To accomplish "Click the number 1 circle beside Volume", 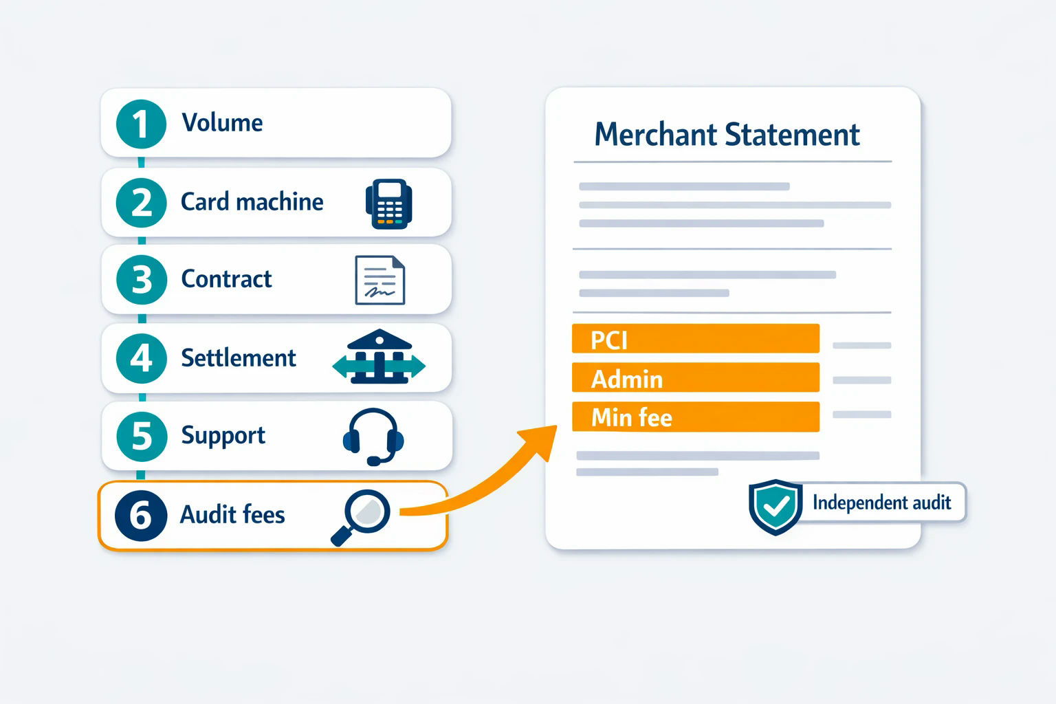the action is [141, 124].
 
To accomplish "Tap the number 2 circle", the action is [141, 203].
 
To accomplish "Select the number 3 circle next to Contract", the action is [142, 280].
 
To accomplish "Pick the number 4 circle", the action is [142, 358].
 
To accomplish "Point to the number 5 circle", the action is [142, 436].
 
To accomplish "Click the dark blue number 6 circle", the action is [141, 515].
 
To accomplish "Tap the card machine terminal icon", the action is [389, 203].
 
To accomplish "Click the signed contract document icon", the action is [380, 280].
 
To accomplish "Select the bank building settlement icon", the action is [379, 357].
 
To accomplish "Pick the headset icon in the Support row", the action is [373, 437].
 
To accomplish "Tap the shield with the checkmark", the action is [775, 507].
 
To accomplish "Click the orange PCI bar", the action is [696, 338].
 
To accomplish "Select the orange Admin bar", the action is [696, 377].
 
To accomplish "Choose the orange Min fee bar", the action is [696, 417].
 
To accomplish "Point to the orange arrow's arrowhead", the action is [540, 441].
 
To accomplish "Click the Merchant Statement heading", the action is [727, 135].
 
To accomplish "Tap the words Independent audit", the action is [881, 503].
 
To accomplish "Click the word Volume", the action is [222, 122].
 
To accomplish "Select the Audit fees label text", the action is [232, 514].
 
